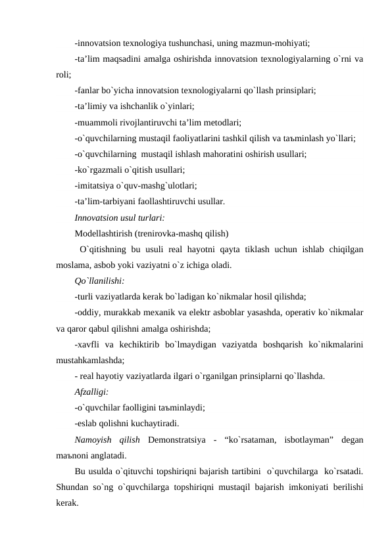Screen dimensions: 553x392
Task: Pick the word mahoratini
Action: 225,154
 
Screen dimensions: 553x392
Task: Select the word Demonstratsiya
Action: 177,440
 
